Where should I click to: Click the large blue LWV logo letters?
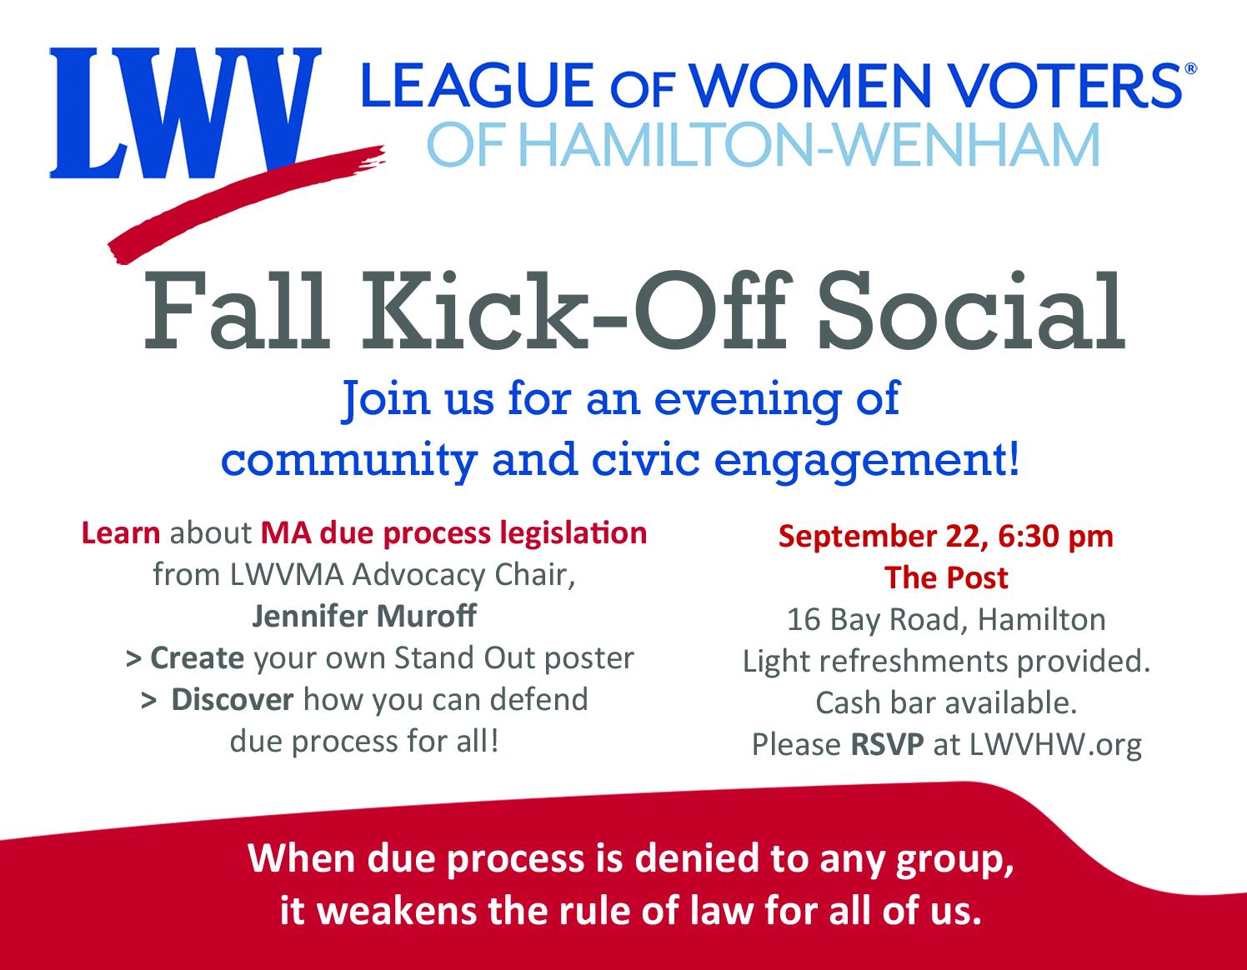click(x=185, y=112)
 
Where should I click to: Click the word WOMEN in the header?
click(x=809, y=85)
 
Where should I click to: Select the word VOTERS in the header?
click(x=1068, y=85)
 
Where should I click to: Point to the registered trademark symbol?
click(x=1191, y=69)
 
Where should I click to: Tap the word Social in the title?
click(x=971, y=311)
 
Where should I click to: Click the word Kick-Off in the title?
click(x=577, y=311)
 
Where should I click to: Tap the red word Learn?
click(x=121, y=532)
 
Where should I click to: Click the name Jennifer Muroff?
click(x=364, y=616)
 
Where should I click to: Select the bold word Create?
click(x=198, y=658)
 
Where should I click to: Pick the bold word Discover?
click(x=233, y=700)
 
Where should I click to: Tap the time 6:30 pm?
click(x=1056, y=537)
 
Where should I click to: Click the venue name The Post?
click(x=946, y=577)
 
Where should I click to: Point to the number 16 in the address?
click(x=804, y=619)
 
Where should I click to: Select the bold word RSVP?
click(x=887, y=744)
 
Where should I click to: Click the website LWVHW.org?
click(x=1056, y=745)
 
